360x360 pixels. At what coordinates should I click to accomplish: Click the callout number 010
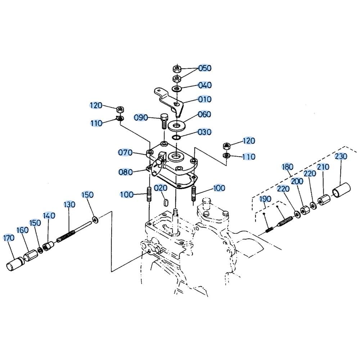[x=204, y=99]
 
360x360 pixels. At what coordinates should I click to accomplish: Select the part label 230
[x=341, y=156]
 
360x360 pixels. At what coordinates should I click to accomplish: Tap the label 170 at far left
[x=9, y=238]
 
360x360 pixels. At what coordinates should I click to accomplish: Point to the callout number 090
[x=141, y=118]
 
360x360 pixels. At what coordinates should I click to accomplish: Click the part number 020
[x=161, y=188]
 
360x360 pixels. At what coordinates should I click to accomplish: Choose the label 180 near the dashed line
[x=287, y=167]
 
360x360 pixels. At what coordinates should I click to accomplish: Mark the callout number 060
[x=204, y=114]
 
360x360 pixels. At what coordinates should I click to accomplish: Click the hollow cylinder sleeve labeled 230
[x=341, y=190]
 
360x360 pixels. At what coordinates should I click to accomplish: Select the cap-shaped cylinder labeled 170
[x=15, y=264]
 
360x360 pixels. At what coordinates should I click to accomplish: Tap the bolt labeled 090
[x=164, y=121]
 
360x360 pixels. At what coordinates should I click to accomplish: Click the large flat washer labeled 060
[x=176, y=126]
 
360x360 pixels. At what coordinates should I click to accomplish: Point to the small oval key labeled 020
[x=166, y=202]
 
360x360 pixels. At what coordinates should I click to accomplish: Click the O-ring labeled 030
[x=176, y=137]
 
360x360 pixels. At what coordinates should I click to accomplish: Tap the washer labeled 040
[x=176, y=89]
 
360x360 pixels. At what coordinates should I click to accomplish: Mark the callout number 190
[x=265, y=199]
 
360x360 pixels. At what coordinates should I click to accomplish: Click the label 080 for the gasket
[x=126, y=172]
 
